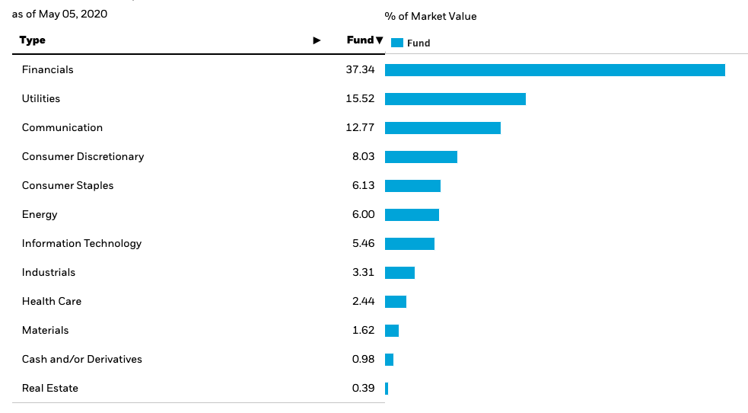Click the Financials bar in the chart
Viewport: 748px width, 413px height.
click(555, 70)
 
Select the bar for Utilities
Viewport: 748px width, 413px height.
click(455, 99)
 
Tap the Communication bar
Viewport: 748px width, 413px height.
click(443, 128)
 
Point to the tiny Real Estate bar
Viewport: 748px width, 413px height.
click(387, 389)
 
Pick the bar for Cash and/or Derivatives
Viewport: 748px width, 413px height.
click(389, 360)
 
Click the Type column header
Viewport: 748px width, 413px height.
click(33, 40)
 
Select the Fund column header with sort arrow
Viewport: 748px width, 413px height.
click(364, 40)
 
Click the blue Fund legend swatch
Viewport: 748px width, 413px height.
click(396, 43)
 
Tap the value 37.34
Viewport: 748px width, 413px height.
click(360, 70)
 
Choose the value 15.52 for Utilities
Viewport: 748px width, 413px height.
click(360, 99)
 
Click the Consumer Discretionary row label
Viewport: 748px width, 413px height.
click(83, 157)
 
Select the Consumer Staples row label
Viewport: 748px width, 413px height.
click(68, 186)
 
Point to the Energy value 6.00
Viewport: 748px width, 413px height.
click(363, 215)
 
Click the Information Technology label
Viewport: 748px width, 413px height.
click(81, 244)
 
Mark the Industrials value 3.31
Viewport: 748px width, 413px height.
click(363, 273)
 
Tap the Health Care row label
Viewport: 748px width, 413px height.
click(52, 302)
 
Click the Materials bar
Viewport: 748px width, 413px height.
click(392, 331)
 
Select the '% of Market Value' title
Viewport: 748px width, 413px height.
click(431, 16)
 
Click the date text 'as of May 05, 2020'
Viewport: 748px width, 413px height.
click(59, 14)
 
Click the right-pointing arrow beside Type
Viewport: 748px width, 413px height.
click(317, 40)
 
